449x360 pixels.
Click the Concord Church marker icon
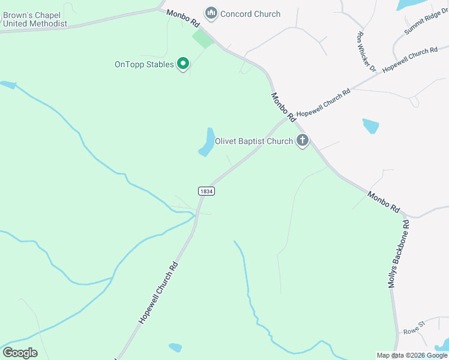211,13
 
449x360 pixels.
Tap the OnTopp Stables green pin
183,63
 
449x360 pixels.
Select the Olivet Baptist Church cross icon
303,141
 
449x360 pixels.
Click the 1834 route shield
206,191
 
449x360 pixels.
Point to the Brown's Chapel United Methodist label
34,19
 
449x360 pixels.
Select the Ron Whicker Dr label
366,52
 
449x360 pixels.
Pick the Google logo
20,353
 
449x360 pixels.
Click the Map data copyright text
412,355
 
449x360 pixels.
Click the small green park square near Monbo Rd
203,39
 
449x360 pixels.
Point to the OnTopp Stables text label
144,64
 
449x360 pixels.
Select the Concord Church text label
250,14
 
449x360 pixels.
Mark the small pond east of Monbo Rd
371,126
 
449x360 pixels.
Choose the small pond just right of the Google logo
175,347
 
